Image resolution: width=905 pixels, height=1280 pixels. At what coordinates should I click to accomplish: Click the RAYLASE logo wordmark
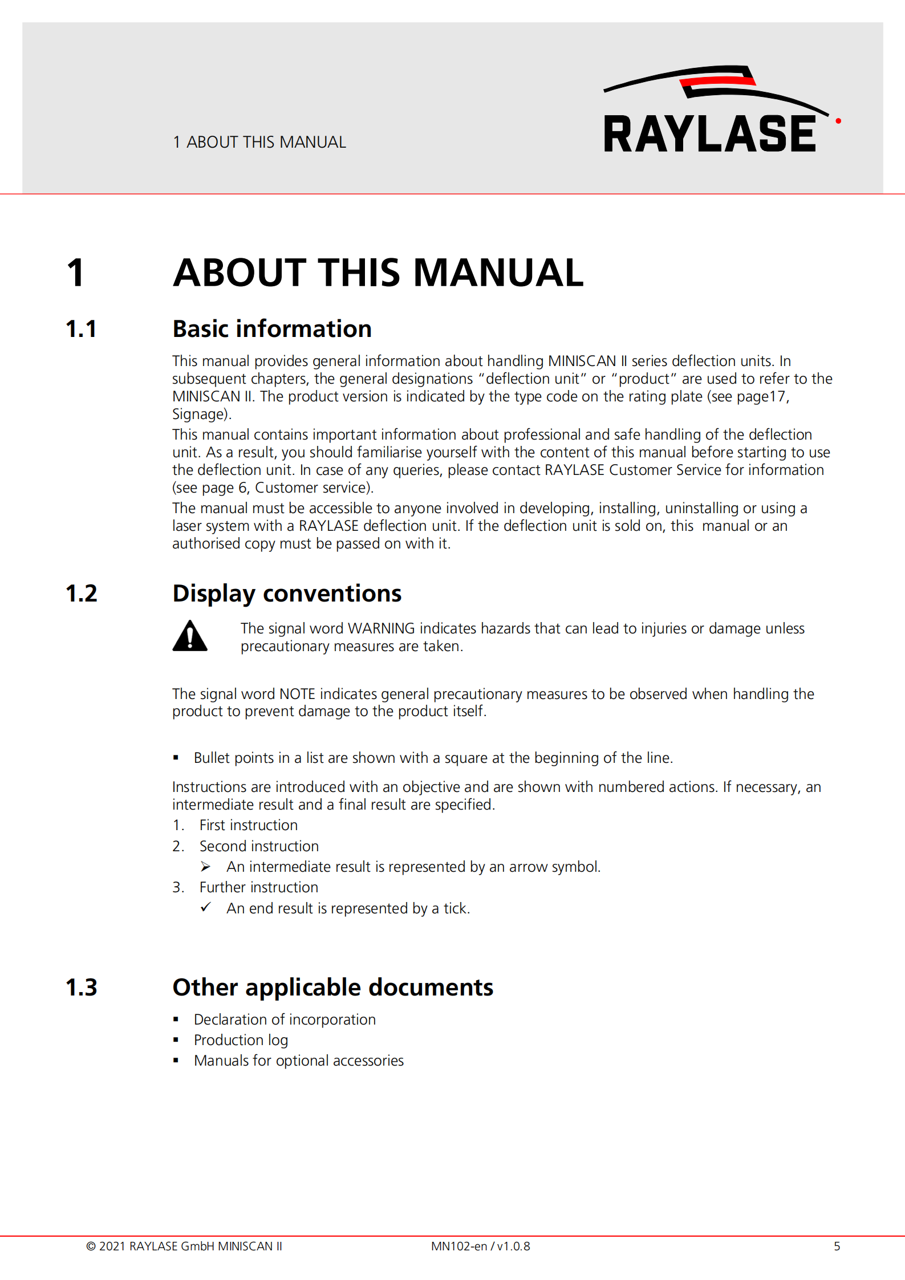(709, 133)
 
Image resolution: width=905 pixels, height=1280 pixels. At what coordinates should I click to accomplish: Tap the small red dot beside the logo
(838, 121)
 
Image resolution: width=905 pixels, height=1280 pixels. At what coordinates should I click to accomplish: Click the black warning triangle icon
(190, 636)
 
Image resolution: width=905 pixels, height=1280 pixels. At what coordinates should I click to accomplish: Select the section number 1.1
(81, 330)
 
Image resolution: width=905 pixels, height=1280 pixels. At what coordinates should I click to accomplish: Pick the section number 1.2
(82, 594)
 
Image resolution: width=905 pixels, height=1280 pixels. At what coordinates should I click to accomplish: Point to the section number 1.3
(82, 988)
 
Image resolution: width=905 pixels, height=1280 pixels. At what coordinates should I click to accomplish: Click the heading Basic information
(272, 330)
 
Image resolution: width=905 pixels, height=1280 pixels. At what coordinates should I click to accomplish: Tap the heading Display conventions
(287, 594)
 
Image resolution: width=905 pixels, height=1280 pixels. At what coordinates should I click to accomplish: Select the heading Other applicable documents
(333, 988)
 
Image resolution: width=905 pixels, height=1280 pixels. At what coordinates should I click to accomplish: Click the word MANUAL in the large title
(498, 273)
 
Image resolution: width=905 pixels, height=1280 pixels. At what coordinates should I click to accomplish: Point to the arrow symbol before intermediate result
(206, 867)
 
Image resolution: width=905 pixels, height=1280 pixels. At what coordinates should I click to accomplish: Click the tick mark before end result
(206, 907)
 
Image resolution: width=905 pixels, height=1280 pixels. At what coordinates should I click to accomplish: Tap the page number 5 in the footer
(837, 1246)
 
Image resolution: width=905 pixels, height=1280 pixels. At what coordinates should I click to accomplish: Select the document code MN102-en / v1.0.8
(480, 1246)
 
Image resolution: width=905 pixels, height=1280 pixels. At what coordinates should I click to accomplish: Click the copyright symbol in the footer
(91, 1246)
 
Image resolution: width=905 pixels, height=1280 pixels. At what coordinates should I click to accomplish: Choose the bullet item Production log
(241, 1040)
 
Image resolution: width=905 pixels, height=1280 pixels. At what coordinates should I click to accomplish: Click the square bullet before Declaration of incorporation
(176, 1019)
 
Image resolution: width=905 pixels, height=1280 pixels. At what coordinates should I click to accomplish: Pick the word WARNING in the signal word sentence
(381, 628)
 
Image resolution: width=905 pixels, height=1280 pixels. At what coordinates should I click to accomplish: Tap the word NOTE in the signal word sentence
(297, 694)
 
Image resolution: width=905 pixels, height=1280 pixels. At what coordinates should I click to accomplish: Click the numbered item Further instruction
(258, 887)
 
